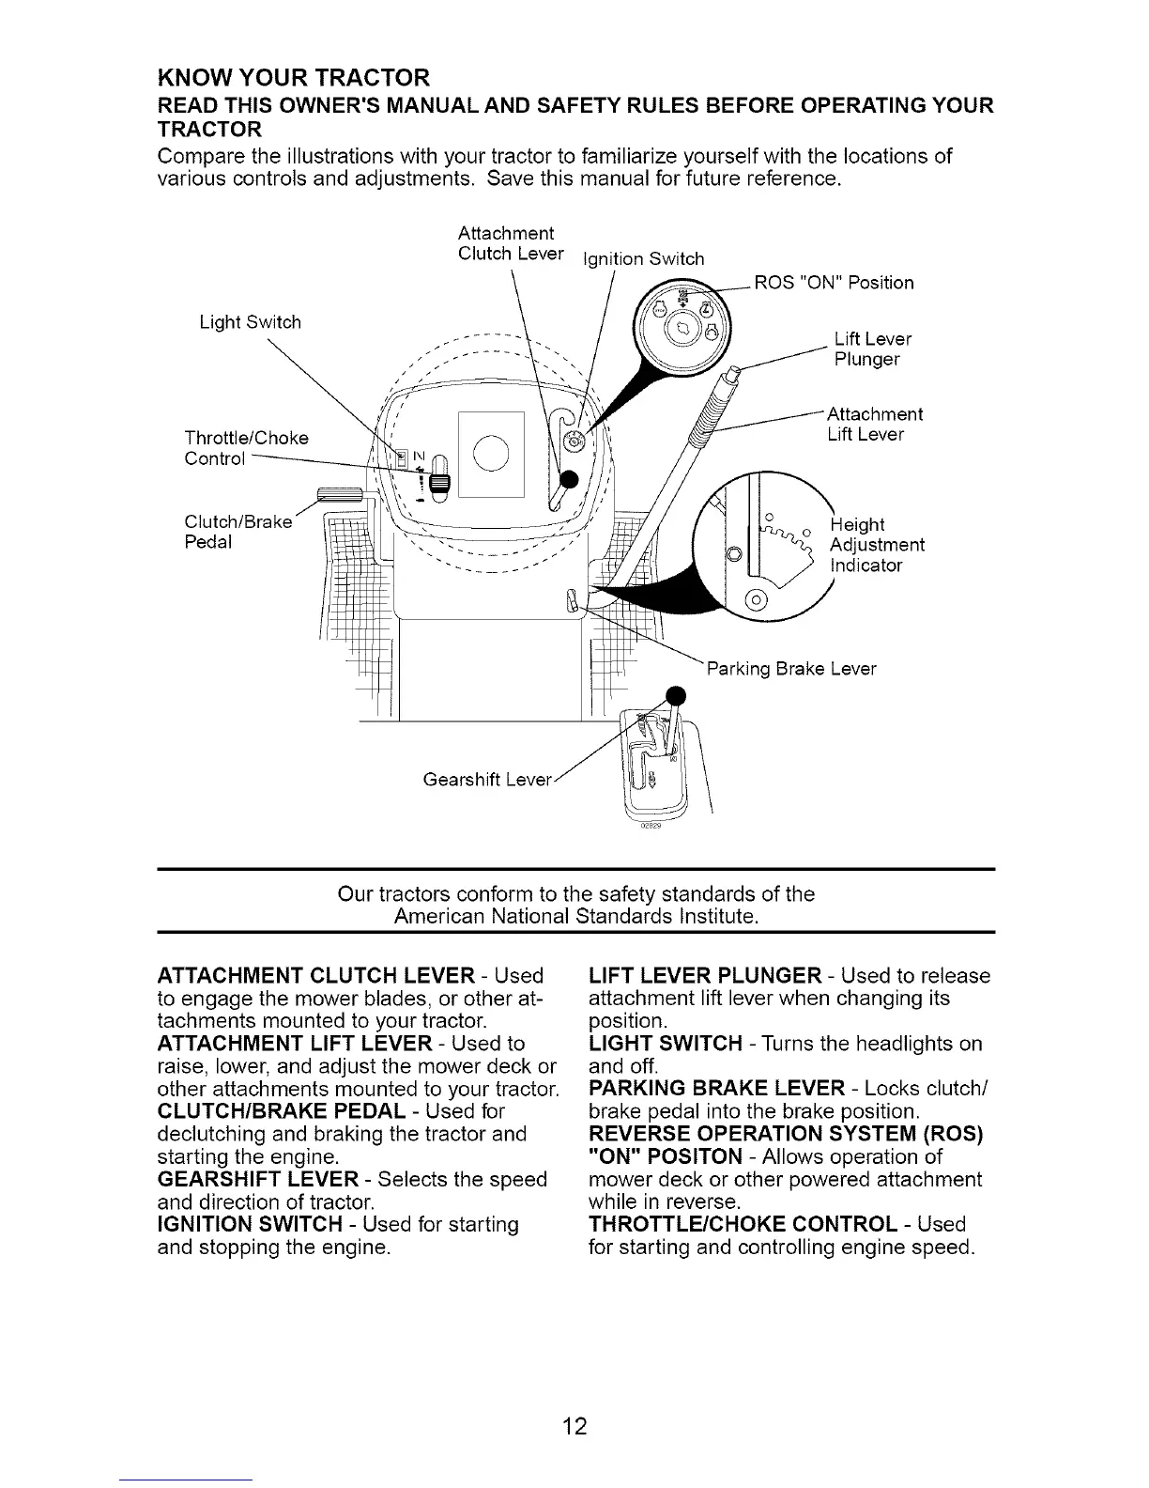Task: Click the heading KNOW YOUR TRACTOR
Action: click(x=292, y=76)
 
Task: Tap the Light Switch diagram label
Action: click(x=250, y=322)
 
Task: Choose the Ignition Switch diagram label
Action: click(x=643, y=259)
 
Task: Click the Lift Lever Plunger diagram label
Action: click(x=872, y=349)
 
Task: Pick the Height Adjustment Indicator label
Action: click(x=877, y=545)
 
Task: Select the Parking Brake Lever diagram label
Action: click(x=790, y=669)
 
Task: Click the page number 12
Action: click(x=574, y=1427)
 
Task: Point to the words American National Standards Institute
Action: click(x=575, y=914)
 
